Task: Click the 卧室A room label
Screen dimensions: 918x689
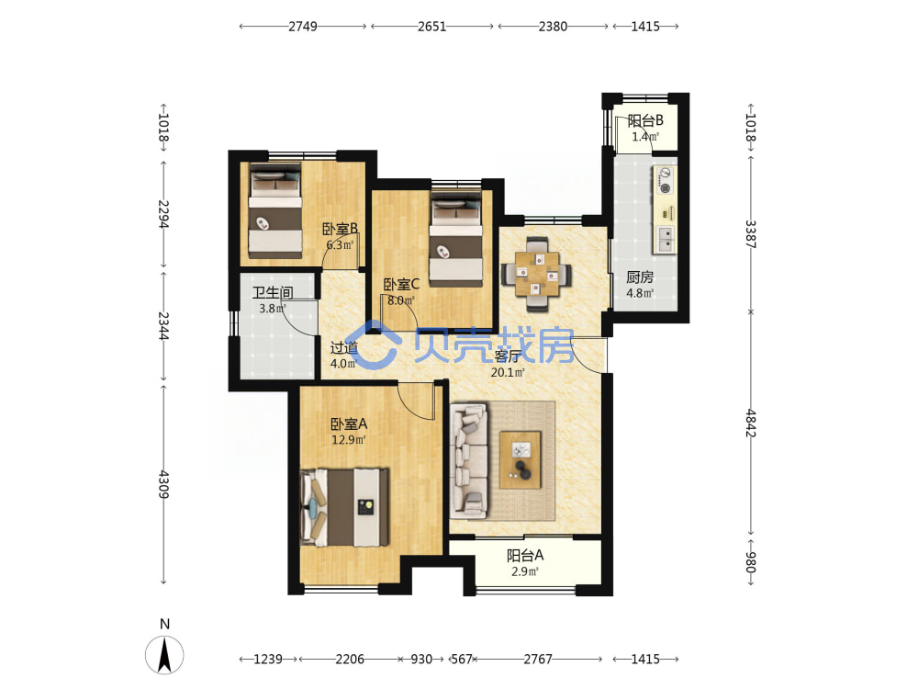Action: click(x=349, y=424)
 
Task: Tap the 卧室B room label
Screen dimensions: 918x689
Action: click(x=341, y=229)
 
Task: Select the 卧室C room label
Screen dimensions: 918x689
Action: click(x=401, y=285)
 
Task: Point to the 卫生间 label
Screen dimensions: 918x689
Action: click(x=273, y=292)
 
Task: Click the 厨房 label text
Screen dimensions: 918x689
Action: click(x=640, y=277)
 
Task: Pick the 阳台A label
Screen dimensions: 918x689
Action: click(x=525, y=555)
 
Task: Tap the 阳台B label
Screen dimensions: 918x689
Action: click(x=645, y=120)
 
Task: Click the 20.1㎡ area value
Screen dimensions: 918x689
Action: click(x=508, y=373)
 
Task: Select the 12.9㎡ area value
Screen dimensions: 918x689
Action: click(x=349, y=439)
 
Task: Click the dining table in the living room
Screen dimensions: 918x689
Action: click(x=537, y=274)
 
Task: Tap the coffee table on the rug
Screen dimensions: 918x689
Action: click(x=520, y=460)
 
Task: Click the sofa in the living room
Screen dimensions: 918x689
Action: click(x=469, y=460)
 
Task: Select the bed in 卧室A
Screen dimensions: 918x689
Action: click(x=344, y=507)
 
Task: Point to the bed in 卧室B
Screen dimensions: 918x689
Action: click(x=275, y=210)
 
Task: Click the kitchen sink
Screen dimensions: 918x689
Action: click(x=666, y=240)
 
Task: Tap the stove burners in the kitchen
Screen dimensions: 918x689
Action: click(x=665, y=180)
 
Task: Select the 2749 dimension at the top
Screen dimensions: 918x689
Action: click(x=303, y=27)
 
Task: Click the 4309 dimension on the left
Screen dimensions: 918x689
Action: click(x=163, y=484)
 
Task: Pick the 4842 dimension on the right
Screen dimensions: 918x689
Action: click(x=751, y=423)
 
